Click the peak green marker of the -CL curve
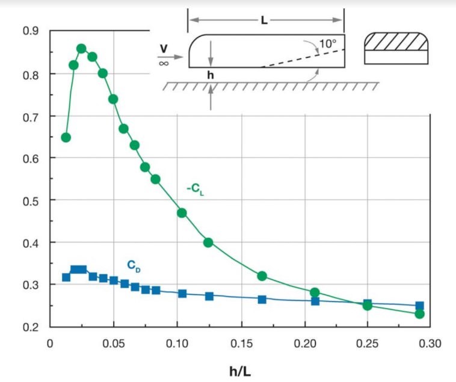pos(82,49)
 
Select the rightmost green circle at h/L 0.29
pos(419,313)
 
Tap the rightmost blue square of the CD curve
pos(419,306)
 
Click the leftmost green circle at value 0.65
pos(66,137)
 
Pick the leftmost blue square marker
pos(66,277)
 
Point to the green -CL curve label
pos(196,191)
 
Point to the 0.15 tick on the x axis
pos(241,343)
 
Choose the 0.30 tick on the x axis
pos(429,343)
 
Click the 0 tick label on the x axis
pos(51,343)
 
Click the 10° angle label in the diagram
pos(327,43)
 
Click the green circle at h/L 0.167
pos(262,276)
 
